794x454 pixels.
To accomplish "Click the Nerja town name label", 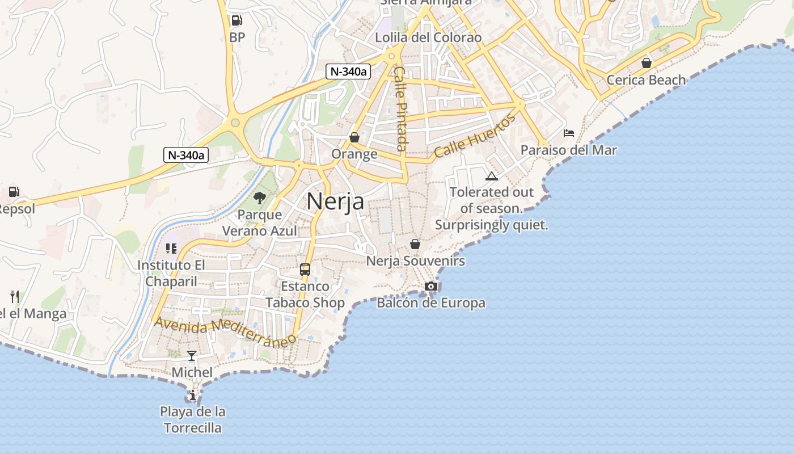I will coord(335,201).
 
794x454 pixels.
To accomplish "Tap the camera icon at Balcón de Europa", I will coord(431,286).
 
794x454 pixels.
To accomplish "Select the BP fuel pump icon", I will coord(236,21).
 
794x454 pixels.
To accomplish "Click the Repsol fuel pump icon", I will coord(14,192).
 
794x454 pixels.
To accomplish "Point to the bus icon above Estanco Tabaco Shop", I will coord(305,270).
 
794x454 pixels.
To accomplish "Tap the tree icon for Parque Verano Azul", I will coord(260,198).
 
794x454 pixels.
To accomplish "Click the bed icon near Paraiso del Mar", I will coord(569,133).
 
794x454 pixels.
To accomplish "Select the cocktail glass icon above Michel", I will coord(192,356).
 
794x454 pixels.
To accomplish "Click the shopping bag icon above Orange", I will coord(354,137).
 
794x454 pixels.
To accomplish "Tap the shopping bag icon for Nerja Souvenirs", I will coord(415,244).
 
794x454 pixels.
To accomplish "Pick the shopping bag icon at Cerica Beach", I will coord(646,62).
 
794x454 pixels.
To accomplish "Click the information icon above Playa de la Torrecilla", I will coord(193,395).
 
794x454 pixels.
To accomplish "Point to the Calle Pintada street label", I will coord(401,108).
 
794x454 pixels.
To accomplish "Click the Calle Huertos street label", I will coord(475,135).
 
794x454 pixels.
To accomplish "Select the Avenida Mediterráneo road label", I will coord(225,331).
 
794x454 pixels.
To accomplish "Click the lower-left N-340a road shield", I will coord(186,154).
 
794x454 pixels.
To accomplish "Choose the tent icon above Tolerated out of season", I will coord(491,176).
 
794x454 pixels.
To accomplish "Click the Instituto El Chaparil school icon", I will coord(171,249).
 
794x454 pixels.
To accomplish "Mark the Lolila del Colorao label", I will coord(428,37).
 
